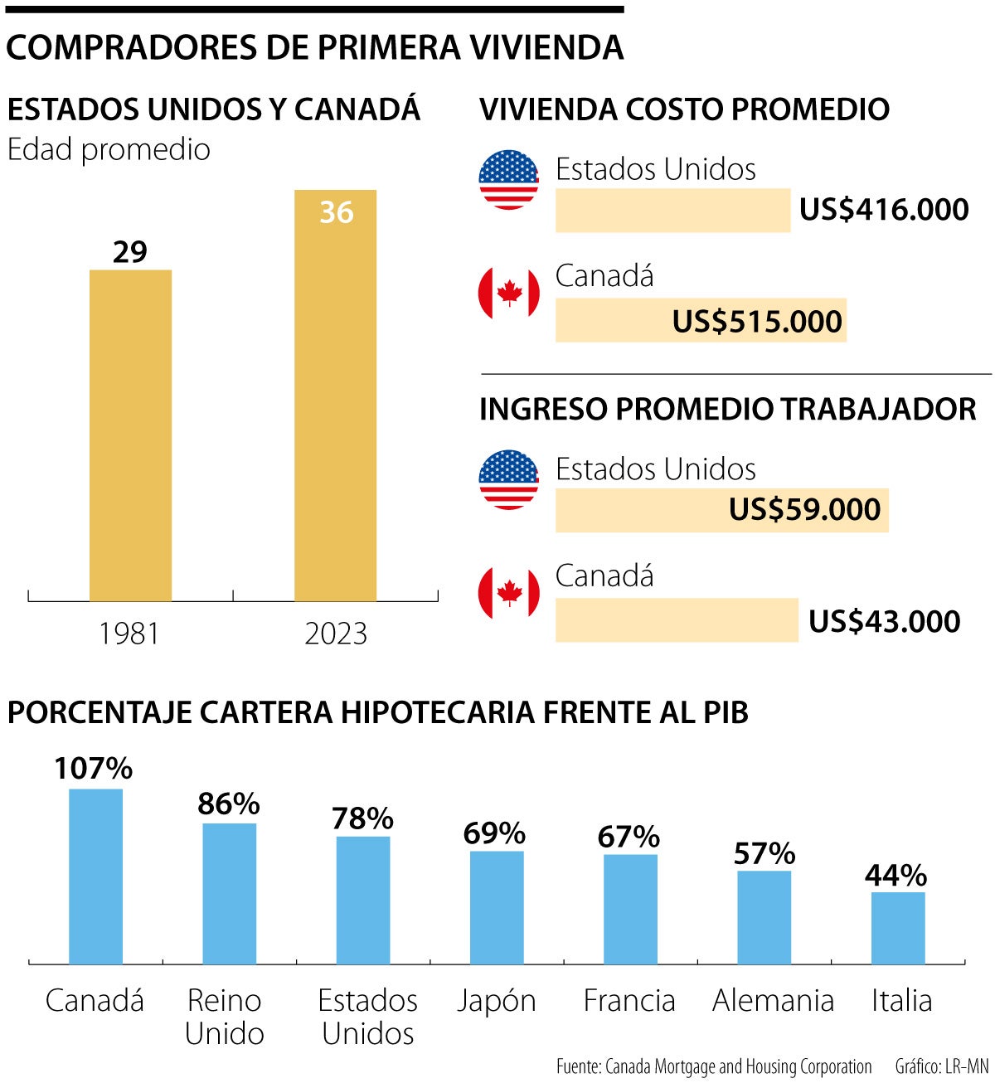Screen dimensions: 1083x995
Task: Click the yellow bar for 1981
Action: (130, 435)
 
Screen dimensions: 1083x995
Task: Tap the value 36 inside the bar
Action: (336, 212)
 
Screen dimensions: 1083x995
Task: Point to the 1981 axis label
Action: (129, 634)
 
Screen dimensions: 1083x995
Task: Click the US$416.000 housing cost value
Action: (884, 210)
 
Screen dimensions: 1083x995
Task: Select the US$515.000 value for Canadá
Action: (756, 322)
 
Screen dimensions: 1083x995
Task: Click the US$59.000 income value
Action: (804, 510)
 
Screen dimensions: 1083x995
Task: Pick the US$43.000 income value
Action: (884, 622)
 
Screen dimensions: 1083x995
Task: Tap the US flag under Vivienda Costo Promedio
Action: (508, 180)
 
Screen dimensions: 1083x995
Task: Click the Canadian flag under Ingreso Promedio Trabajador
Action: (508, 593)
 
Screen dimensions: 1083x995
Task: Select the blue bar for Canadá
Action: (95, 876)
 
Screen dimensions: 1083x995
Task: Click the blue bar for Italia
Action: (898, 927)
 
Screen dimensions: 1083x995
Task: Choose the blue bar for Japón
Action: (497, 907)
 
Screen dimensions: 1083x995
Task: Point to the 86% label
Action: (229, 804)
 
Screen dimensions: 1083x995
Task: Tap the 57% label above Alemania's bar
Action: (764, 853)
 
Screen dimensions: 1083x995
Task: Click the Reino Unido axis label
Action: (224, 1017)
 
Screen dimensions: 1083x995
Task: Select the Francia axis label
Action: (629, 1001)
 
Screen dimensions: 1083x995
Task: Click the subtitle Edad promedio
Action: (109, 150)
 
